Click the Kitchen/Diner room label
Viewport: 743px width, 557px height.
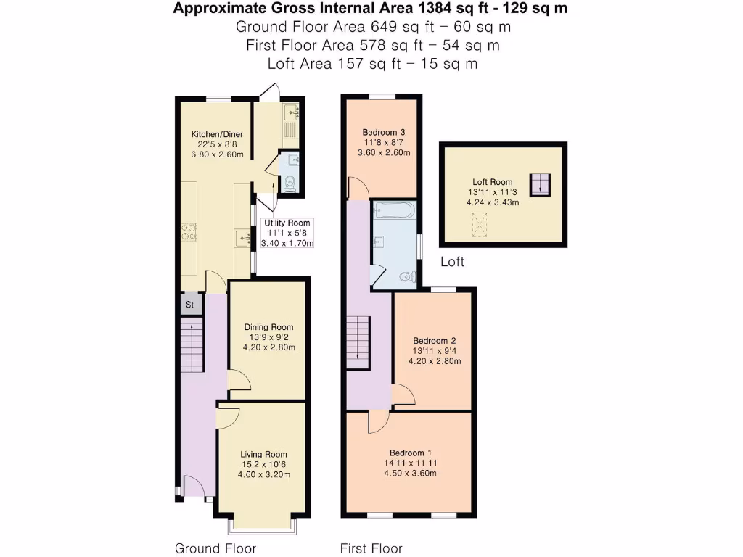(x=216, y=134)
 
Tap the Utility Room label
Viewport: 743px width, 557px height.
(x=287, y=223)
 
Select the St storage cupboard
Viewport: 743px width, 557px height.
(x=190, y=305)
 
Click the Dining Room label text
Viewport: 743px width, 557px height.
(x=268, y=326)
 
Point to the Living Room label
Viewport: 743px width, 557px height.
(x=264, y=455)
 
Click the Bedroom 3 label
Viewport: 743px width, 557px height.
(x=383, y=132)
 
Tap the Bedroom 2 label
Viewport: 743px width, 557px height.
(x=434, y=340)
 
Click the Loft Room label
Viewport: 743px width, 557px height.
(x=492, y=182)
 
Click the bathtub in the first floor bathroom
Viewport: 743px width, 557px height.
(x=393, y=211)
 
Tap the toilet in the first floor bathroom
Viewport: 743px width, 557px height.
(x=409, y=276)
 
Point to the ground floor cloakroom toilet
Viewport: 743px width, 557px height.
(x=290, y=183)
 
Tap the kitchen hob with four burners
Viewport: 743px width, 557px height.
(x=189, y=231)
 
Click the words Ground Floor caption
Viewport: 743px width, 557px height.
(x=215, y=548)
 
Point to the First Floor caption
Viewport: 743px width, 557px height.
(x=371, y=548)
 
